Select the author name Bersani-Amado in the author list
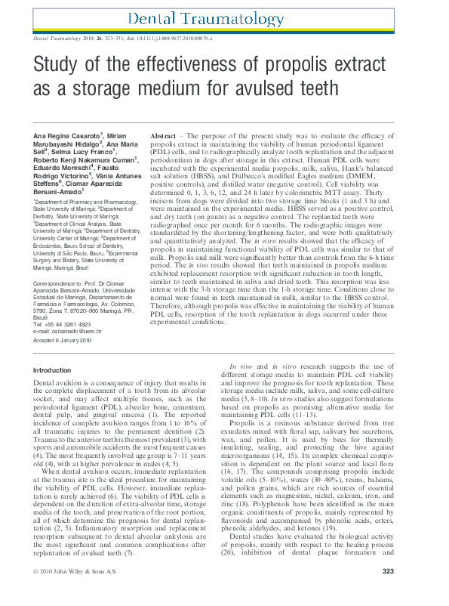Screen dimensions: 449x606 point(62,192)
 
